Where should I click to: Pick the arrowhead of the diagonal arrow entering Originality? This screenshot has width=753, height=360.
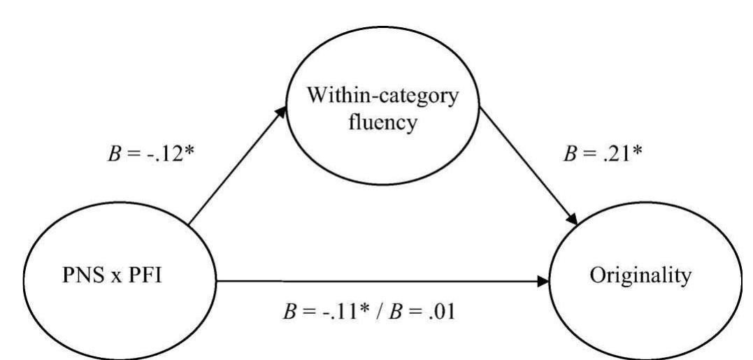[573, 220]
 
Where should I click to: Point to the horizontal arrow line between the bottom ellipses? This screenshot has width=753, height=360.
[378, 282]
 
